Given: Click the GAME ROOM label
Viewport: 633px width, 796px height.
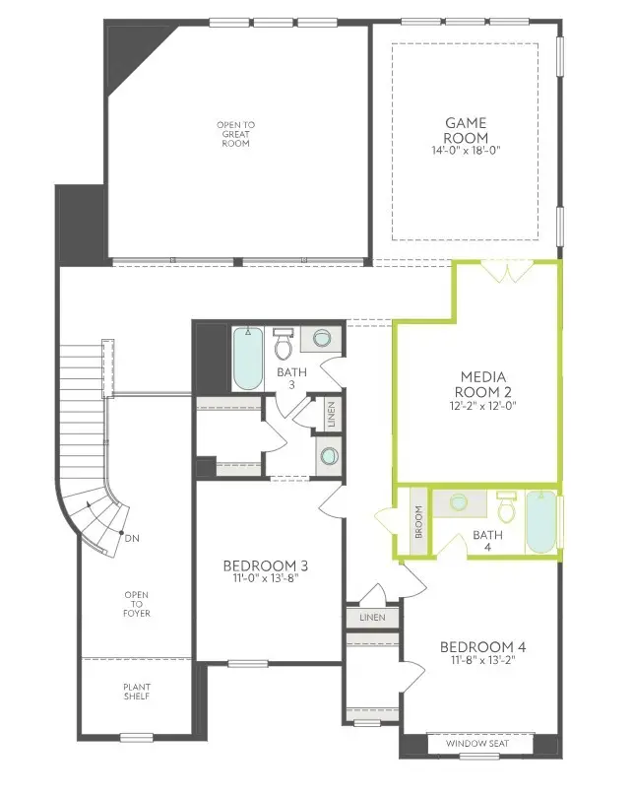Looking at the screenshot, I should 465,130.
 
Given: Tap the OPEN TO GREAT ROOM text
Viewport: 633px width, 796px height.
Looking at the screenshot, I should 235,134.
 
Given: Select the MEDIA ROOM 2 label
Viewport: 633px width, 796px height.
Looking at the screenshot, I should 483,386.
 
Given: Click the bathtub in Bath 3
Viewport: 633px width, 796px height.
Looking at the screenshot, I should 247,359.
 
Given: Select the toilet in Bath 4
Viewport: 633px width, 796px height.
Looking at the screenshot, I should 507,507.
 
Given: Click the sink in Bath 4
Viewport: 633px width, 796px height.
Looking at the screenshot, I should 458,502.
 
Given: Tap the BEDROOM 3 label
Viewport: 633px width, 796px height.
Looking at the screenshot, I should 266,565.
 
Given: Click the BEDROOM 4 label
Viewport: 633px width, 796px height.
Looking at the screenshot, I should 482,646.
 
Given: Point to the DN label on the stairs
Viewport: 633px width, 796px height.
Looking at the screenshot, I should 131,538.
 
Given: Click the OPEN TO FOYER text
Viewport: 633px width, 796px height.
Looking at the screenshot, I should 137,604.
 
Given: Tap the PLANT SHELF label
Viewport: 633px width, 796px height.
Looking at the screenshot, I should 137,693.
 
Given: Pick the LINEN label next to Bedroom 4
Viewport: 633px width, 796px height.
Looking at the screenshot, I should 372,618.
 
